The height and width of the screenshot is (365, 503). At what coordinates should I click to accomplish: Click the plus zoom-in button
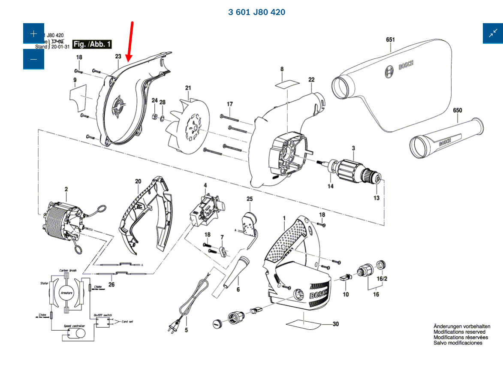[x=33, y=33]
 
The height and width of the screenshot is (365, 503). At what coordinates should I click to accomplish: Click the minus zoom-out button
[x=33, y=59]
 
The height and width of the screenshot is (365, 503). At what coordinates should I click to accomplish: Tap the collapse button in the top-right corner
[x=493, y=33]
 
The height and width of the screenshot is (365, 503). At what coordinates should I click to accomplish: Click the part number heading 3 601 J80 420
[x=256, y=12]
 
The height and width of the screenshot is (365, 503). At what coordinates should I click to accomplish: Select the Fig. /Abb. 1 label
[x=92, y=44]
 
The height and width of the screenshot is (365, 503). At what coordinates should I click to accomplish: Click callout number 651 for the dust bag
[x=390, y=39]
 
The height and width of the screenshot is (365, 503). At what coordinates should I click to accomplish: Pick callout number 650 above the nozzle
[x=458, y=110]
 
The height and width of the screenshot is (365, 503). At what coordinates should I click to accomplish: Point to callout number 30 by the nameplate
[x=335, y=324]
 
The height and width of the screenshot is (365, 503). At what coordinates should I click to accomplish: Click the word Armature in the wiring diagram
[x=66, y=293]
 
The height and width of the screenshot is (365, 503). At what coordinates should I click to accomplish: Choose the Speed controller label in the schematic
[x=74, y=326]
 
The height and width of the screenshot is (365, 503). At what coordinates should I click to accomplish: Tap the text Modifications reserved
[x=459, y=332]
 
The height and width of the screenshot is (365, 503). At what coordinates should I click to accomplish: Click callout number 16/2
[x=382, y=278]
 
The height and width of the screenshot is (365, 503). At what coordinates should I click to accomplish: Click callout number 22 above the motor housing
[x=311, y=79]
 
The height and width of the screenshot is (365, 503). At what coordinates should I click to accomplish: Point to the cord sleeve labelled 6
[x=234, y=275]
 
